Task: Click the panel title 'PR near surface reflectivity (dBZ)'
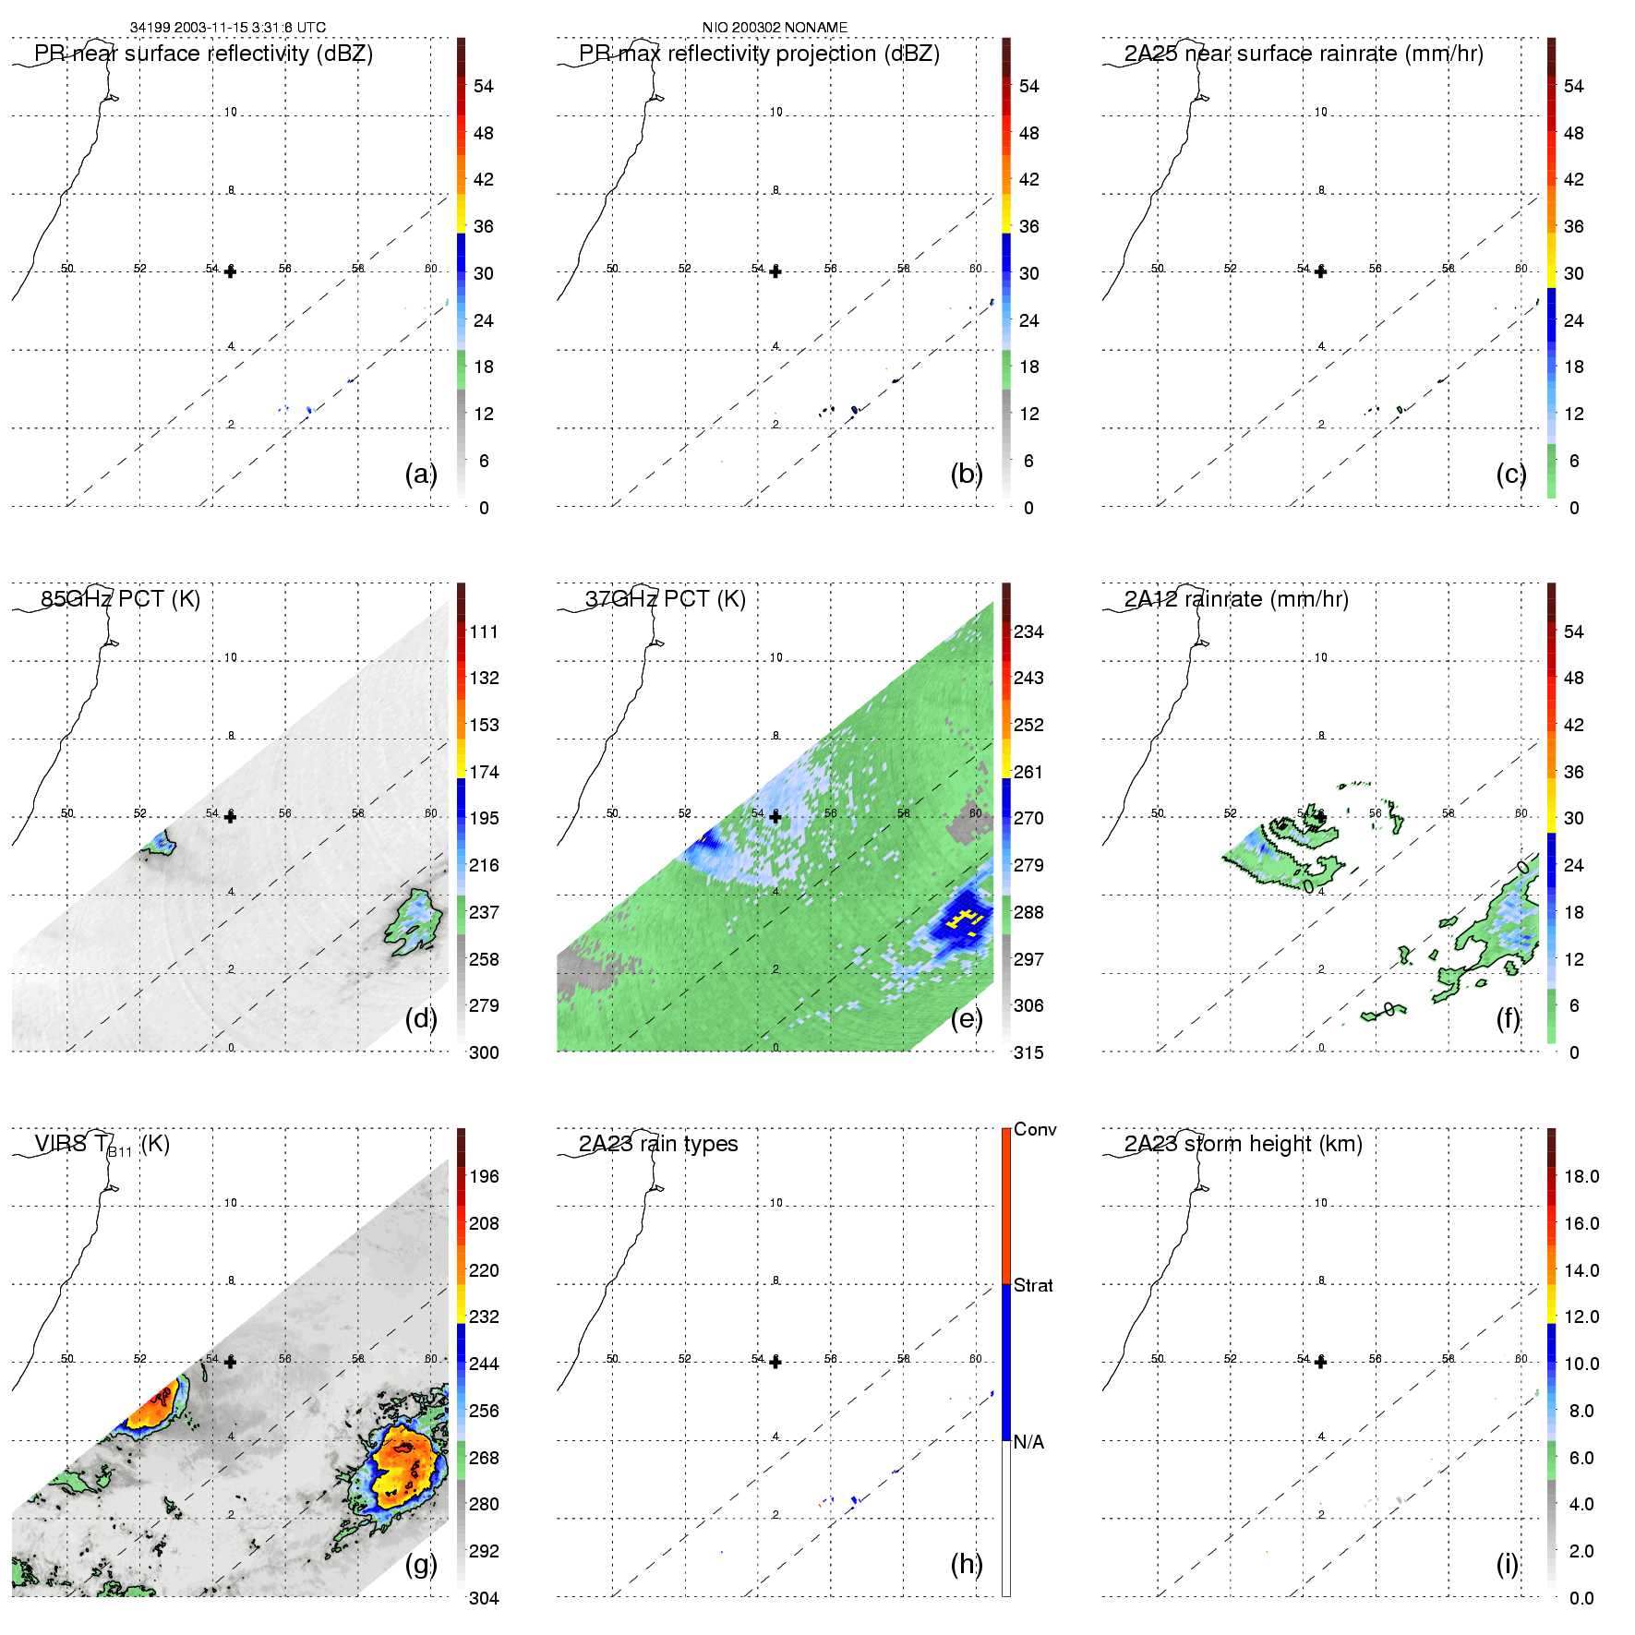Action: (203, 54)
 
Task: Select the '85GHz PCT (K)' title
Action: (120, 599)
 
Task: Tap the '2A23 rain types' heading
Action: (658, 1144)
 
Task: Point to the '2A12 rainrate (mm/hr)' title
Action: (1236, 599)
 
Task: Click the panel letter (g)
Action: (420, 1564)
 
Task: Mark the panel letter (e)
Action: (966, 1018)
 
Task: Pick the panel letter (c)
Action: (1510, 474)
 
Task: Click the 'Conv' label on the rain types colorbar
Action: (1035, 1129)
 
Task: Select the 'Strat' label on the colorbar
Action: (1033, 1285)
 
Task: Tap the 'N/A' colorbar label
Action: (1028, 1442)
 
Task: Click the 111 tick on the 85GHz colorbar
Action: (484, 631)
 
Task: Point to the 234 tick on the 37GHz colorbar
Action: (1028, 631)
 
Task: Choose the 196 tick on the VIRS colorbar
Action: (484, 1176)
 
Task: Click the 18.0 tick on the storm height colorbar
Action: (1581, 1176)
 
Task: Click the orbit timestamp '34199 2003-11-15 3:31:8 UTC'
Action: (228, 28)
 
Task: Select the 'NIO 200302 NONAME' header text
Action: (775, 28)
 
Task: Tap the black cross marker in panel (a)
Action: (230, 271)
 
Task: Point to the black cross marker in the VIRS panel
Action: (230, 1362)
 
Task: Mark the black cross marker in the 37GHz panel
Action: (775, 817)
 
